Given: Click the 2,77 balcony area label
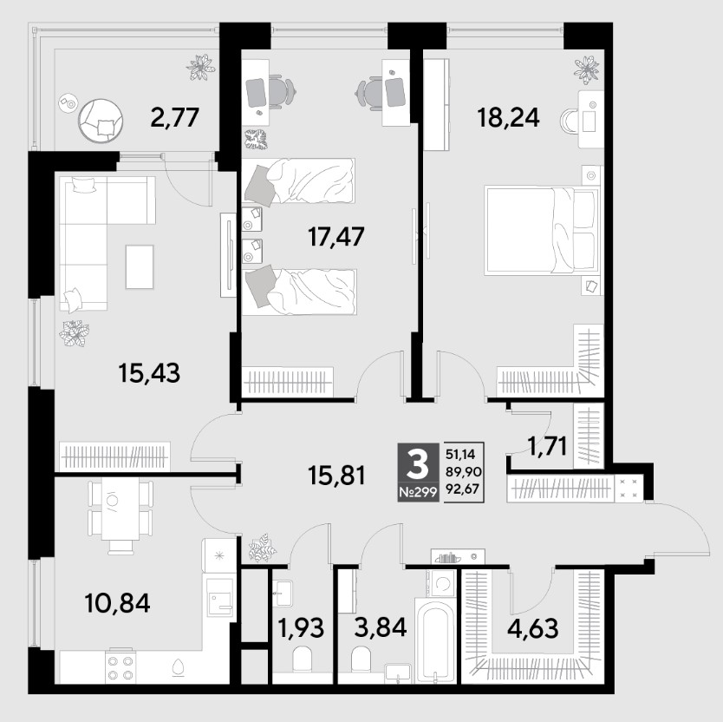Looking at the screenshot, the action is (175, 117).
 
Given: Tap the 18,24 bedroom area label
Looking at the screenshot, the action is (508, 117).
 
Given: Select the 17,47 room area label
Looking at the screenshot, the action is (335, 236).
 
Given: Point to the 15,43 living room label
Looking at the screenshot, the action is (149, 372).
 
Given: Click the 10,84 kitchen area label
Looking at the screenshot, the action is (118, 603).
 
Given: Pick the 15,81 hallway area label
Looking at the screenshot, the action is (336, 476).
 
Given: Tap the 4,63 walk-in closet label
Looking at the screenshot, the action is (532, 628).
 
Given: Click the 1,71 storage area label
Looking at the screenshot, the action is (547, 446).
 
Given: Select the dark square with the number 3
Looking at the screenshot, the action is (419, 472).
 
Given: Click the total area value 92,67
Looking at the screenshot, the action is (464, 489).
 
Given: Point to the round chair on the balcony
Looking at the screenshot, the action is (101, 120).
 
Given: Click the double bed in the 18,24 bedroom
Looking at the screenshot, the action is (539, 230).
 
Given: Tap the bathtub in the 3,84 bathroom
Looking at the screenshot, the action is (436, 640).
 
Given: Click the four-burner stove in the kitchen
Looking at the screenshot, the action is (120, 667).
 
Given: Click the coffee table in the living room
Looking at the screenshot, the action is (140, 266).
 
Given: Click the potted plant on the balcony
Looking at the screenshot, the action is (200, 68).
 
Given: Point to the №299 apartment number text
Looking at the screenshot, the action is (418, 493).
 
